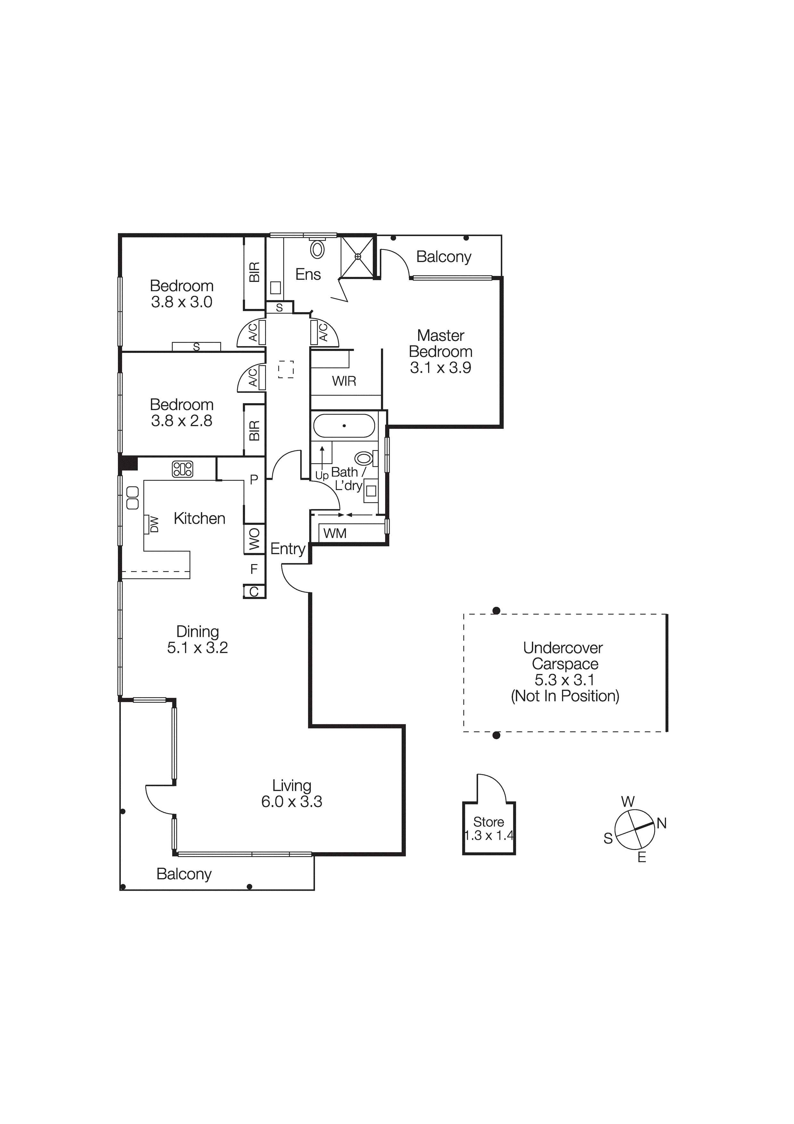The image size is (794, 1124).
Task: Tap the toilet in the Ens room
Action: [317, 249]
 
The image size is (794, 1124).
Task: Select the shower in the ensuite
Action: [357, 256]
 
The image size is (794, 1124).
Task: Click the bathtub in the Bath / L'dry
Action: [344, 425]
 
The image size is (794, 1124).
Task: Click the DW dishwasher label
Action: [154, 525]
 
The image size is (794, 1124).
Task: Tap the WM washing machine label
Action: [335, 533]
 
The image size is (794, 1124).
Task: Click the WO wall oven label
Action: [254, 539]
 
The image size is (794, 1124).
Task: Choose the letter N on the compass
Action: [661, 823]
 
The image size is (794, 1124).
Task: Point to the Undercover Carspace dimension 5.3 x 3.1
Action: [564, 680]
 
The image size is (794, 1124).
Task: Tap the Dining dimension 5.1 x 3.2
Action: [197, 648]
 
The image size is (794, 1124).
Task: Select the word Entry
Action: [287, 549]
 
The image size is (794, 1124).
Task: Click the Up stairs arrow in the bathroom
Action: [322, 460]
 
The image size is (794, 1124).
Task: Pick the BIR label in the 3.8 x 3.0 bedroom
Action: [254, 272]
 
